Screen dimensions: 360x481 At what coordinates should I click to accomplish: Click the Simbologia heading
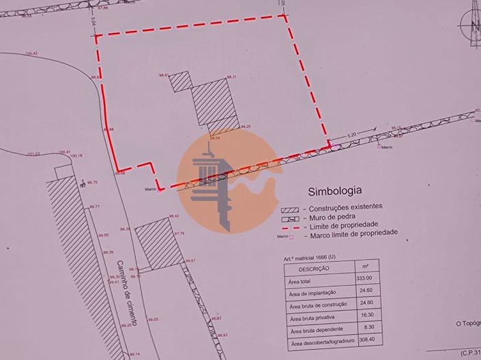[x=334, y=191]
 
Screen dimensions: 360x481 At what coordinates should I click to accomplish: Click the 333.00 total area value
[x=364, y=277]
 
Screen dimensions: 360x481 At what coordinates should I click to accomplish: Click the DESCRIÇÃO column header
[x=315, y=268]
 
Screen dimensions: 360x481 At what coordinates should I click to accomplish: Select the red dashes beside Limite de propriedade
[x=291, y=226]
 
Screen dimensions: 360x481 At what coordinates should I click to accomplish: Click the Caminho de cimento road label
[x=126, y=292]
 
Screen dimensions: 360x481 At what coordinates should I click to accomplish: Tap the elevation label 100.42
[x=31, y=53]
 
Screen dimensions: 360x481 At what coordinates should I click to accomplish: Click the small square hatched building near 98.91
[x=181, y=82]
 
